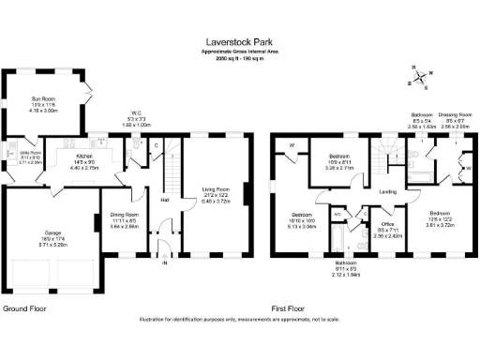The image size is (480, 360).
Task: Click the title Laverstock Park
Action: click(239, 41)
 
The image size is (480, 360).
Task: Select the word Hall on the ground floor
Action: click(164, 200)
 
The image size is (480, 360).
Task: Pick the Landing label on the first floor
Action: click(387, 193)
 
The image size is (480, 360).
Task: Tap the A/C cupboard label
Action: click(337, 214)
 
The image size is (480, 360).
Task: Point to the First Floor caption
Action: click(289, 307)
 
